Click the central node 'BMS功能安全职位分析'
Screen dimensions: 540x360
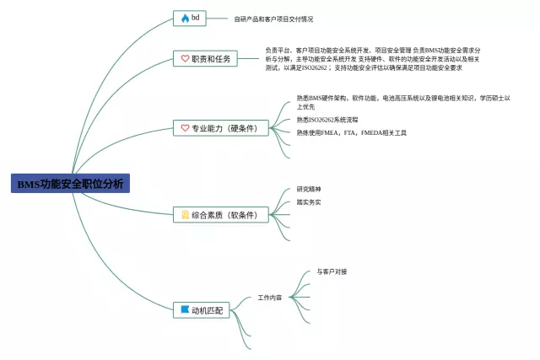(x=70, y=184)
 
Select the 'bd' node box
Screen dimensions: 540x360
(x=190, y=18)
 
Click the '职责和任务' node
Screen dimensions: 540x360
(x=206, y=59)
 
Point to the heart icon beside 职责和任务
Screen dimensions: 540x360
(x=185, y=59)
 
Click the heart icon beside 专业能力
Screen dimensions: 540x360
(x=185, y=128)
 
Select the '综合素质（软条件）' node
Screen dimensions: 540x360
(x=219, y=215)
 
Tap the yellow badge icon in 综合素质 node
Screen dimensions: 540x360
(x=185, y=215)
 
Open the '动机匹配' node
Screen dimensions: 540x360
(x=202, y=310)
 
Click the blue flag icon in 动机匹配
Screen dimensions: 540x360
(x=185, y=310)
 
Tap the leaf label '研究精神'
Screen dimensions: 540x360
(x=308, y=189)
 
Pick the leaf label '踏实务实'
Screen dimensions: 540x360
(x=308, y=201)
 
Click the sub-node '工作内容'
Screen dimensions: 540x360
(x=270, y=298)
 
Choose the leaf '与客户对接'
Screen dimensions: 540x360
(x=332, y=271)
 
